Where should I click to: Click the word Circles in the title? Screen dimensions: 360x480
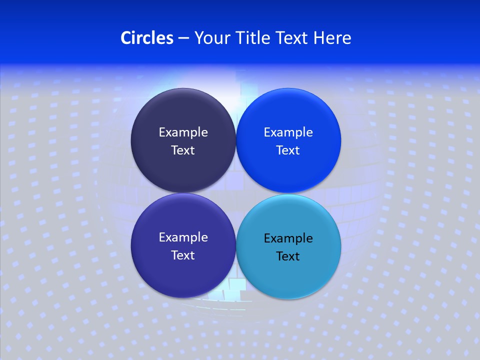147,38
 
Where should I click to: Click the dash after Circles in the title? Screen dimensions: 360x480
183,38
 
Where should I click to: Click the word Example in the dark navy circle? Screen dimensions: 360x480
183,132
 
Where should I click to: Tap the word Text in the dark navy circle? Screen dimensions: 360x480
183,150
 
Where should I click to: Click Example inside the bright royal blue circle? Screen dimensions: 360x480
288,132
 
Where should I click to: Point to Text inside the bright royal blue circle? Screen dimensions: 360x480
288,150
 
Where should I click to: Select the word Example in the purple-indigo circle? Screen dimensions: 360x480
183,237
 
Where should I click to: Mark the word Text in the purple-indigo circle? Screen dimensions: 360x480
183,255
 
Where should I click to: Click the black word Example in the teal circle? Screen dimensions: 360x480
288,238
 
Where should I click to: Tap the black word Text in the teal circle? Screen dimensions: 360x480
288,256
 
